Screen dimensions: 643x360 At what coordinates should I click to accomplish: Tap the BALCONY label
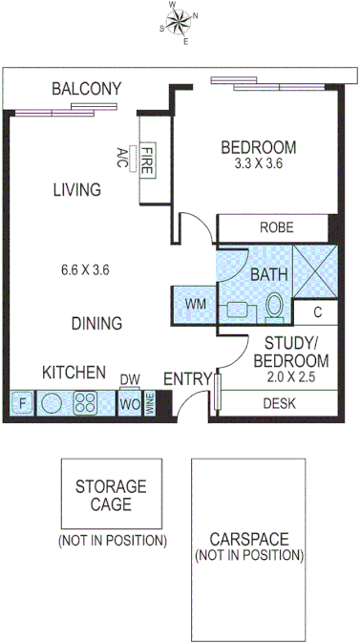pos(86,89)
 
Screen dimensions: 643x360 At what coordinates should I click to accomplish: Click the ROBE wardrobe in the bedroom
pos(276,228)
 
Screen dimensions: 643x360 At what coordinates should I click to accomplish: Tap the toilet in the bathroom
pos(274,307)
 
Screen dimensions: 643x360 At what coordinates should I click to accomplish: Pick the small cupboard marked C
pos(316,312)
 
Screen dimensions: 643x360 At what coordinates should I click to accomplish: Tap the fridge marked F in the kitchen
pos(23,404)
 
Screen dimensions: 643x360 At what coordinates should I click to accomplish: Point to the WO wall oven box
pos(129,403)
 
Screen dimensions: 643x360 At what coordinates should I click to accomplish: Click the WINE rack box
pos(150,403)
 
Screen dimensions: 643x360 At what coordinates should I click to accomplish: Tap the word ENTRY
pos(186,379)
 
